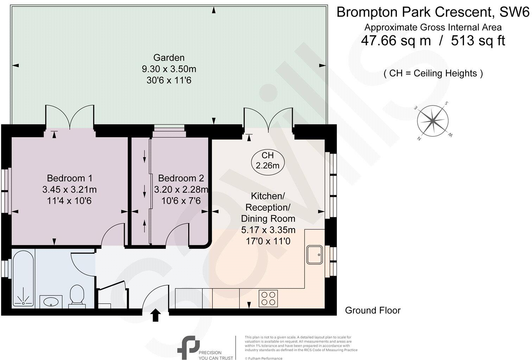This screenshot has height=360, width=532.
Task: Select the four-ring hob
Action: [x=268, y=298]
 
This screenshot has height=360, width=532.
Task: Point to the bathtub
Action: [x=24, y=278]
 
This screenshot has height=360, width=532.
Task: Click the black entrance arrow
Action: [x=156, y=315]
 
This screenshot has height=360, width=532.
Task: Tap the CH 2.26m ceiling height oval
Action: [x=267, y=160]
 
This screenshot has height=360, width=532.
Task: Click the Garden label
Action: [x=169, y=58]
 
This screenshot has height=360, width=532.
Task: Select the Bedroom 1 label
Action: [x=70, y=178]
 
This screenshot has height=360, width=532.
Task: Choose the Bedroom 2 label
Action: [x=181, y=178]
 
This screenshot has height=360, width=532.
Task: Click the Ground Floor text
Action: [x=373, y=310]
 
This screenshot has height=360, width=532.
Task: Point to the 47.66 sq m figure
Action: [x=396, y=41]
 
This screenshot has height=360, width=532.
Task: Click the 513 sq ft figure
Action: [x=478, y=41]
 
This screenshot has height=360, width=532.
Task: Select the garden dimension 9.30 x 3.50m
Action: [x=169, y=69]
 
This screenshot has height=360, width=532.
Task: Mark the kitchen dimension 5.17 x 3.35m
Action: [x=268, y=230]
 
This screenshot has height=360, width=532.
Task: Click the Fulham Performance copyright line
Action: [x=264, y=358]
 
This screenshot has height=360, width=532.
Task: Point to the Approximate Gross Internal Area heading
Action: [x=433, y=27]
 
